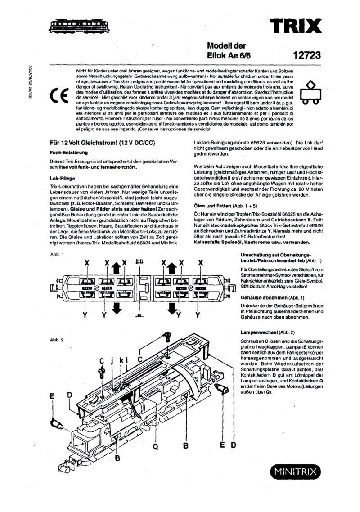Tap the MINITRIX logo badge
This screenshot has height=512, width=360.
296,472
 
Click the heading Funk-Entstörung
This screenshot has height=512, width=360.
68,153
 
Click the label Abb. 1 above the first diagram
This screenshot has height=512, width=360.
57,255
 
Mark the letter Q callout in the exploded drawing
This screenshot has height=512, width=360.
156,446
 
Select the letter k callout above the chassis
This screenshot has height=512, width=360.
121,360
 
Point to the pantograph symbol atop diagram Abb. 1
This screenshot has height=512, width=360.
139,261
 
